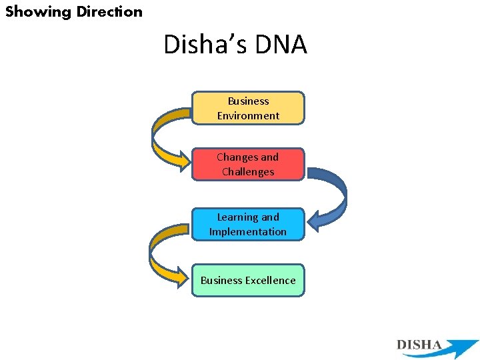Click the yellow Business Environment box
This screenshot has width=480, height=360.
[248, 108]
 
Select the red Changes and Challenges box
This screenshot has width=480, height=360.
[248, 164]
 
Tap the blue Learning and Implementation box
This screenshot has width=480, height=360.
[248, 224]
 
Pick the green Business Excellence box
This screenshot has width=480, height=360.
[248, 280]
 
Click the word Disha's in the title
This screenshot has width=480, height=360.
[204, 45]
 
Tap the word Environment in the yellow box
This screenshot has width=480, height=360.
[248, 116]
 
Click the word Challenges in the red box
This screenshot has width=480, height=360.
[248, 172]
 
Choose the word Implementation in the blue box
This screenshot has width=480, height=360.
[248, 232]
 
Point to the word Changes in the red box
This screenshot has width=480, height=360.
[237, 157]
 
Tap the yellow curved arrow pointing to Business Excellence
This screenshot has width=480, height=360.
[159, 253]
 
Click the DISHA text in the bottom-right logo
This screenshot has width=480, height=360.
[419, 345]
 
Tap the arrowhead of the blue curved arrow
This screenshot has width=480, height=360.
[315, 223]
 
